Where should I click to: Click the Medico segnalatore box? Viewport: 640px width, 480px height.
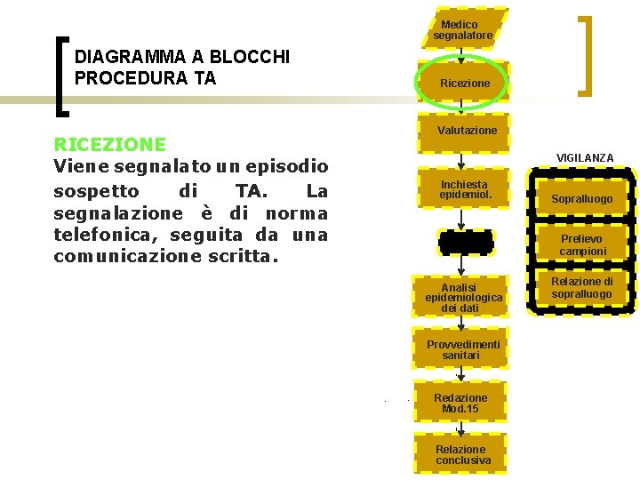462,29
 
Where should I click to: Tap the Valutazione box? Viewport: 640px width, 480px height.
464,131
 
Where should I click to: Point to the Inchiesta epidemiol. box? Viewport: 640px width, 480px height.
464,189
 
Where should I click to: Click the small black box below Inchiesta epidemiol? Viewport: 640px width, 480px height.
464,242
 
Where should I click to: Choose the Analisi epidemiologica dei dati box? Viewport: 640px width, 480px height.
463,298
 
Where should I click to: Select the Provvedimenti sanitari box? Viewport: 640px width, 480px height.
463,349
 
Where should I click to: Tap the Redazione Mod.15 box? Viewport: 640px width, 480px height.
460,403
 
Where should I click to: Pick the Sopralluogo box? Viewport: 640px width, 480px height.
581,199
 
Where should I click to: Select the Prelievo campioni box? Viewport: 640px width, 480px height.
582,245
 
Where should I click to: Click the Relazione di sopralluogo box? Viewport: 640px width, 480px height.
582,288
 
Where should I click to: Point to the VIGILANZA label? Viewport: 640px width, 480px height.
585,158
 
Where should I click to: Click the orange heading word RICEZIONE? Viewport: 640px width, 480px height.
109,144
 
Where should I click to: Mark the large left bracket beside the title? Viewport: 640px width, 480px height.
61,76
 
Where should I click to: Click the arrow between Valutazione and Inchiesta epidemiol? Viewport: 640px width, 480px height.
460,160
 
